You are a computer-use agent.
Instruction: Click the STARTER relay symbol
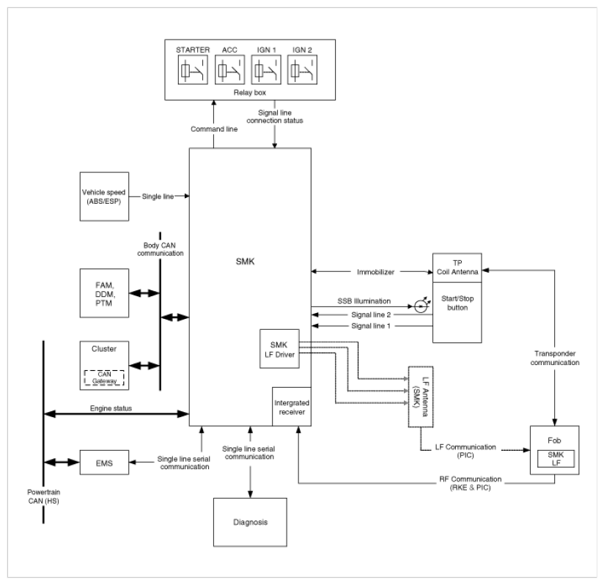click(x=193, y=70)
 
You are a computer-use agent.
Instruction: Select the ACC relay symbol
click(x=229, y=70)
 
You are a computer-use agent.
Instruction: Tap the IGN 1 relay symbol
click(x=266, y=70)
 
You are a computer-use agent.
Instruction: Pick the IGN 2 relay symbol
click(x=303, y=70)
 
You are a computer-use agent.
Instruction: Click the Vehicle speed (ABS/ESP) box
click(x=104, y=196)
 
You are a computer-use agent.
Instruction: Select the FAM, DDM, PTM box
click(x=104, y=293)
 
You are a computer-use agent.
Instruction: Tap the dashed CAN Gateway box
click(x=104, y=378)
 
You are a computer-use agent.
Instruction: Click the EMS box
click(x=104, y=463)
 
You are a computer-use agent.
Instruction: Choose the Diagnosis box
click(x=251, y=522)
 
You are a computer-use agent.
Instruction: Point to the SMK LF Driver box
click(x=280, y=349)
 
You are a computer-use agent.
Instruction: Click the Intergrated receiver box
click(x=292, y=407)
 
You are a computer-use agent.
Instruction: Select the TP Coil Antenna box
click(x=457, y=268)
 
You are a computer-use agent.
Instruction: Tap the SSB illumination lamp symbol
click(x=421, y=306)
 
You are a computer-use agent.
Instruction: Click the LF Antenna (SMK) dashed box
click(x=421, y=397)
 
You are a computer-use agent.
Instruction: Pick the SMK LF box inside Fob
click(x=556, y=459)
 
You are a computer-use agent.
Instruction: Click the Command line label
click(x=214, y=129)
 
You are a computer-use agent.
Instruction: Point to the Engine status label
click(x=111, y=408)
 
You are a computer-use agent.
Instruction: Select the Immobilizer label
click(x=375, y=272)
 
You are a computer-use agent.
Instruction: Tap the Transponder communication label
click(x=555, y=358)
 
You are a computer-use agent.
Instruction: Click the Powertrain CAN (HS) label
click(x=43, y=496)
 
